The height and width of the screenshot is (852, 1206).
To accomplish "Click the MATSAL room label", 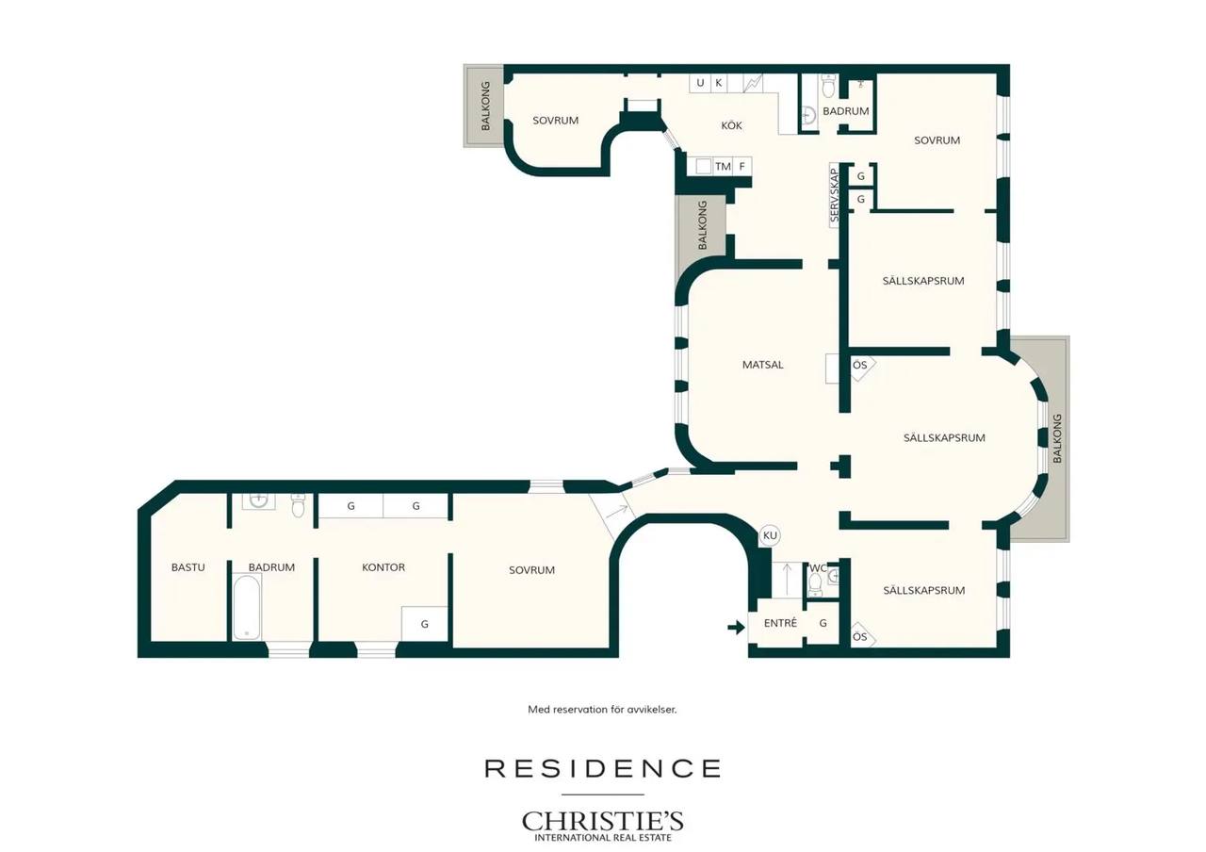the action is [x=762, y=365].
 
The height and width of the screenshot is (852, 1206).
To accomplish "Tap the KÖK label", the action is [x=731, y=125].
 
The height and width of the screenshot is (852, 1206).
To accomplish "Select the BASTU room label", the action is [x=187, y=567].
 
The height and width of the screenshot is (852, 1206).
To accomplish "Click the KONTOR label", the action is [x=383, y=567].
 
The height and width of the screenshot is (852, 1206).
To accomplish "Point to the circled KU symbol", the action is [x=770, y=535].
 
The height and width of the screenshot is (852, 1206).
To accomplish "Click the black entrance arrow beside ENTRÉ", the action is [x=736, y=627].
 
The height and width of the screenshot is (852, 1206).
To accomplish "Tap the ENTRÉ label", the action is [x=780, y=623].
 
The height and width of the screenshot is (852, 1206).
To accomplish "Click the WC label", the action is [x=818, y=568].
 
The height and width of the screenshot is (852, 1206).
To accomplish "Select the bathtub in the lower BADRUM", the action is [x=247, y=606].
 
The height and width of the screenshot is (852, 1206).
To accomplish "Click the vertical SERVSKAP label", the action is [x=835, y=195].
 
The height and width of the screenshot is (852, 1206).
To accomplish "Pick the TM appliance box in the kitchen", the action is [x=723, y=167].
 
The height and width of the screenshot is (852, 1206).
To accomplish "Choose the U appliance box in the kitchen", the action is [x=700, y=83].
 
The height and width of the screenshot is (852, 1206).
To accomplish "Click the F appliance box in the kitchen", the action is [x=742, y=167].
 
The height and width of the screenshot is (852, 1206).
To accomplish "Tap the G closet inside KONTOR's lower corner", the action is [x=425, y=624].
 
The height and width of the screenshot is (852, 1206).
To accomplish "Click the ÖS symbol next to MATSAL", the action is [x=860, y=365].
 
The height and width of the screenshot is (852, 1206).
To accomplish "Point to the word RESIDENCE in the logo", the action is [x=602, y=768].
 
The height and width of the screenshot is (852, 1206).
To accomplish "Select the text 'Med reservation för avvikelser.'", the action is [x=602, y=710].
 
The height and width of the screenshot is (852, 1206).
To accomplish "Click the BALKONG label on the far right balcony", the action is [x=1057, y=438].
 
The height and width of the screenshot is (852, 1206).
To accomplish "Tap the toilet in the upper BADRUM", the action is [x=828, y=87].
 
